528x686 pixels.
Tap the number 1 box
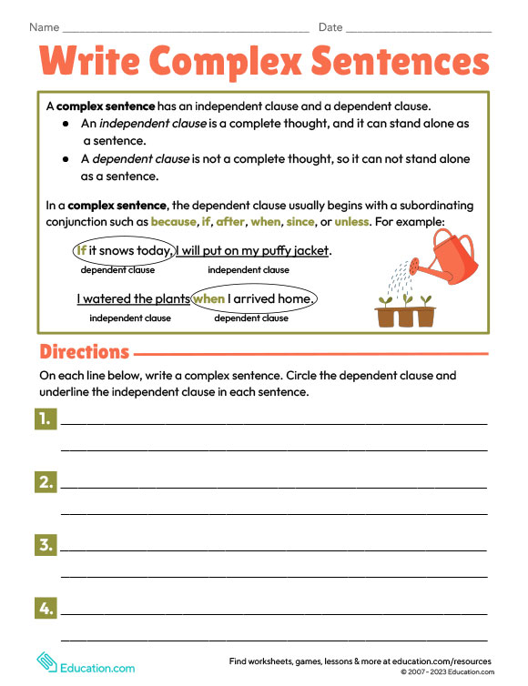pos(46,419)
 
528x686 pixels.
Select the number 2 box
pos(46,481)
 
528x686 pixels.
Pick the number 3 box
pos(46,545)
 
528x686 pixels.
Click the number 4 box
pos(46,608)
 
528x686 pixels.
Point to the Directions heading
pos(84,352)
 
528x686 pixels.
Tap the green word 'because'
pos(173,221)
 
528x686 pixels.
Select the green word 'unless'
pos(351,221)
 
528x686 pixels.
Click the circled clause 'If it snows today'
pos(124,251)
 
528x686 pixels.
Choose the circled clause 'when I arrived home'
pos(254,298)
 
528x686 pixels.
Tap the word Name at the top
pos(44,27)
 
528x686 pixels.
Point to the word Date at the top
pos(330,27)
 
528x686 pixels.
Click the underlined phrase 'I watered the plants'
pos(133,298)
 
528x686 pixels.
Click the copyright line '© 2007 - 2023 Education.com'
pos(446,672)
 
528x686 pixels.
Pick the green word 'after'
pos(230,221)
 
